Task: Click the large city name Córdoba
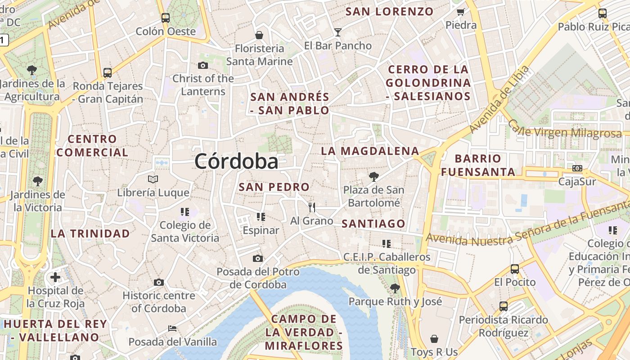click(x=236, y=161)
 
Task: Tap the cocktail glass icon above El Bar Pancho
click(x=338, y=32)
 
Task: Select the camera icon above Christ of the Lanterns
click(x=203, y=65)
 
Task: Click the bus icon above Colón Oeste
click(x=166, y=18)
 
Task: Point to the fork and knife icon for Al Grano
click(x=311, y=207)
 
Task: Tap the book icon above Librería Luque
click(x=153, y=179)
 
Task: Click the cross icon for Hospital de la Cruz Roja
click(x=55, y=277)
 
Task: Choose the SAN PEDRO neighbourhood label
click(x=274, y=187)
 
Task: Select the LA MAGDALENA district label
click(x=370, y=151)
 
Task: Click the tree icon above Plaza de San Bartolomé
click(x=373, y=176)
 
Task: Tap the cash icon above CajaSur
click(x=577, y=168)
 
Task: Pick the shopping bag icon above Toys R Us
click(x=434, y=338)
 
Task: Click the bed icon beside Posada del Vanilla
click(x=172, y=328)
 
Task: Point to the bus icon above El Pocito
click(x=515, y=269)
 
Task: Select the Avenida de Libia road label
click(x=499, y=99)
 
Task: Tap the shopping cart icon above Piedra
click(x=460, y=12)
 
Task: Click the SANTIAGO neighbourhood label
click(x=373, y=224)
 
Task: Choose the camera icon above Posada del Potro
click(x=258, y=258)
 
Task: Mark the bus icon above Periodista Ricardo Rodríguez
click(x=504, y=306)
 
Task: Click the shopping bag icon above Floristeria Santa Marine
click(x=259, y=35)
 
